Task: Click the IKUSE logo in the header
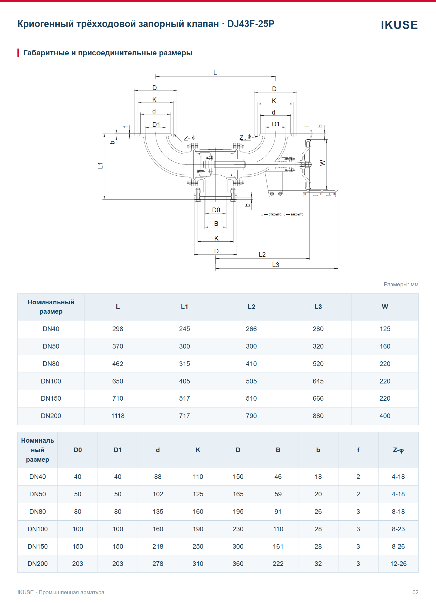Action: [x=399, y=25]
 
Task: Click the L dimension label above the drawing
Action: [x=215, y=73]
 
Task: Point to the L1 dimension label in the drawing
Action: [x=100, y=165]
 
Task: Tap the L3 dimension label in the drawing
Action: [x=275, y=265]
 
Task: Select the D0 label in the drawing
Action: [x=216, y=210]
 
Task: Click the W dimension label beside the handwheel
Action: [x=323, y=163]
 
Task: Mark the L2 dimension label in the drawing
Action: [x=262, y=254]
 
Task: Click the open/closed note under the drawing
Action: [x=282, y=214]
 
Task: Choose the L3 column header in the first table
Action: [x=318, y=307]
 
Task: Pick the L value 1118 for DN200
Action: [x=118, y=416]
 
